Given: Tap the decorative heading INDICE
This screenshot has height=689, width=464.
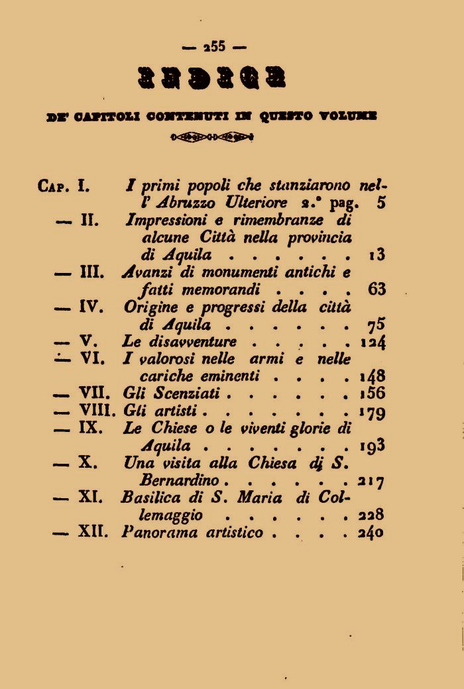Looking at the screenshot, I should click(x=214, y=79).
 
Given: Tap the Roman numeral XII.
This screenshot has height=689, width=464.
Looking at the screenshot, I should click(x=93, y=532).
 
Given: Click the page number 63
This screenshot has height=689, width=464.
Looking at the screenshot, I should click(x=376, y=290).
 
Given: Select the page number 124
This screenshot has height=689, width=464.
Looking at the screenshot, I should click(x=373, y=343).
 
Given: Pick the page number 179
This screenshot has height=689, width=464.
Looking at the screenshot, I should click(x=373, y=412).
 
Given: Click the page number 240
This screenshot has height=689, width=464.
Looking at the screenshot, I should click(x=372, y=533).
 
